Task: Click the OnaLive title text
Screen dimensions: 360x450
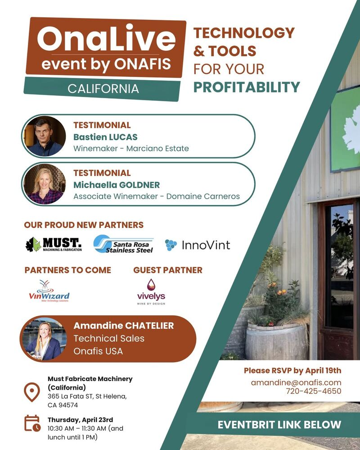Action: coord(106,38)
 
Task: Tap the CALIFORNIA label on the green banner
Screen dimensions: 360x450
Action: coord(103,89)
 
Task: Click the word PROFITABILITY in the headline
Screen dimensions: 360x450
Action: coord(247,87)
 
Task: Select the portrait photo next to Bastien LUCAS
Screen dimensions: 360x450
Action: coord(45,136)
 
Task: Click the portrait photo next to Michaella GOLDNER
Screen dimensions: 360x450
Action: coord(45,184)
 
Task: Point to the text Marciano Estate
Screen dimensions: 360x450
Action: coord(157,149)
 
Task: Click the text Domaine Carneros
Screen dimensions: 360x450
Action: coord(203,196)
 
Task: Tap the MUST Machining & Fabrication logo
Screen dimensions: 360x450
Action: coord(54,245)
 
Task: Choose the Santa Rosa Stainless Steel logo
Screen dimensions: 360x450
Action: coord(124,244)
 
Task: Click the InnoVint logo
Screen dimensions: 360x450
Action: coord(198,245)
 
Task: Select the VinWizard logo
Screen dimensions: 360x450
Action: coord(49,291)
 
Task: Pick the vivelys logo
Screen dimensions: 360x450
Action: coord(151,292)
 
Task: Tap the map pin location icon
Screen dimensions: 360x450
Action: coord(32,392)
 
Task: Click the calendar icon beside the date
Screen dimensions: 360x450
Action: coord(32,423)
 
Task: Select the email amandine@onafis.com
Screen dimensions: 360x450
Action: coord(296,382)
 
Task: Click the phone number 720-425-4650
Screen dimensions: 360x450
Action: coord(314,391)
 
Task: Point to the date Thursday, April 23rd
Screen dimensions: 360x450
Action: coord(80,420)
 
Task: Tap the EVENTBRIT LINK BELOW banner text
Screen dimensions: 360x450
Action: coord(279,425)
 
